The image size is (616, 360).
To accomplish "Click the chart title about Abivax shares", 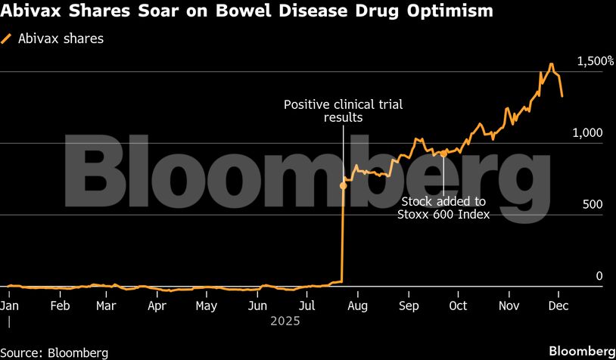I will (247, 11).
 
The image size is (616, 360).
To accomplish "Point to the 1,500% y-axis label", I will (595, 61).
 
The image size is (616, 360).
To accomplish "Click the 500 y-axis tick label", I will (593, 204).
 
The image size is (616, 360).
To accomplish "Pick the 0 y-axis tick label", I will (599, 276).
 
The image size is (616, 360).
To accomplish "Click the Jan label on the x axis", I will (9, 306).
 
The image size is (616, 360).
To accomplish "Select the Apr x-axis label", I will (157, 306).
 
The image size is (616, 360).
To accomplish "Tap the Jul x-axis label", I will (307, 306).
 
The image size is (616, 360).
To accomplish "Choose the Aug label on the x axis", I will (357, 306).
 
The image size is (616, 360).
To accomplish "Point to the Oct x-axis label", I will (458, 306).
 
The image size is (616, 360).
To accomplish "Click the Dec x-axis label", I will (558, 306).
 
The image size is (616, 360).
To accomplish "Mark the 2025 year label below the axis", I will (285, 321).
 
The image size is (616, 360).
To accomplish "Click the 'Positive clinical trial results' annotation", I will (343, 110).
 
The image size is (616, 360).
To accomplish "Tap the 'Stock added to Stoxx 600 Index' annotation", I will (443, 208).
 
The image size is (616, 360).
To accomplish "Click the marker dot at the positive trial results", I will (344, 185).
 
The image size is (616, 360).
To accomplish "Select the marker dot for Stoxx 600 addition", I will (443, 154).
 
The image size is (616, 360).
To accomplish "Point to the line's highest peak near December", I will (552, 64).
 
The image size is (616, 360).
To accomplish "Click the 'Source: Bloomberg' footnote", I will (54, 352).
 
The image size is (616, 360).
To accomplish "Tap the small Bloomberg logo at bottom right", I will (581, 351).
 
